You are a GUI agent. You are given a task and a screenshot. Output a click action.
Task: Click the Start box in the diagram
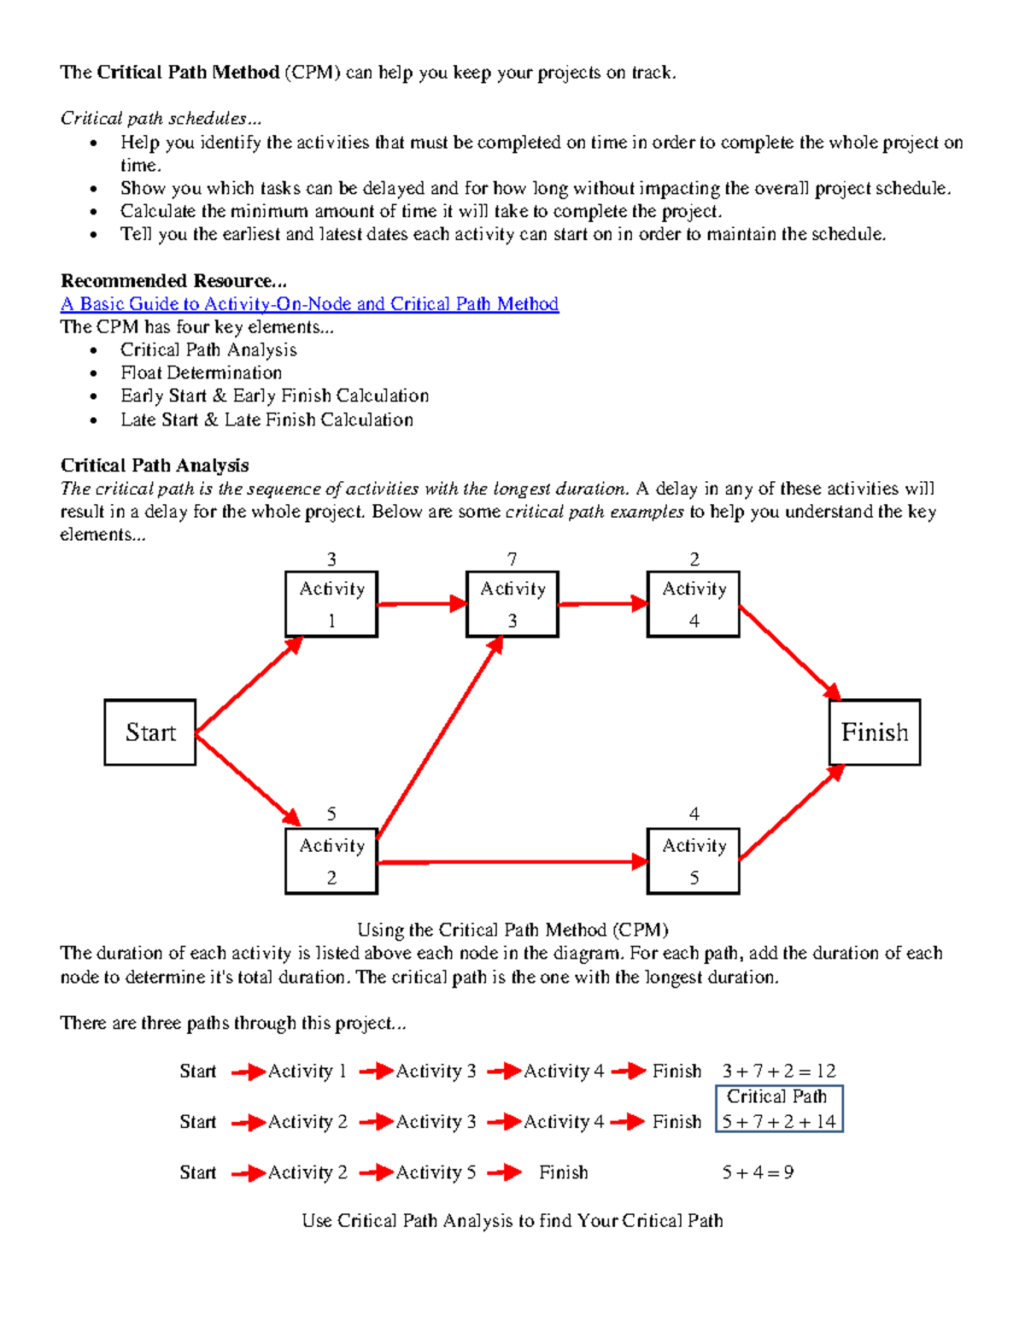coord(150,732)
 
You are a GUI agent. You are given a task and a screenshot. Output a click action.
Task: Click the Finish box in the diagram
coord(875,732)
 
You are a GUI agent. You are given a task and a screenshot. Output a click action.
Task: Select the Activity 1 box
coord(331,604)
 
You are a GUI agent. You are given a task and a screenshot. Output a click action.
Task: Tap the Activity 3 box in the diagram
coord(512,604)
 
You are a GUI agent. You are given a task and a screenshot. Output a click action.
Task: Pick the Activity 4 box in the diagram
coord(694,604)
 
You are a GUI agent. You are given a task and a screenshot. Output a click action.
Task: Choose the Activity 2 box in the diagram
coord(331,861)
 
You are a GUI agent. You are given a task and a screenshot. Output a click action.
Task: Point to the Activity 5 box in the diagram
coord(694,861)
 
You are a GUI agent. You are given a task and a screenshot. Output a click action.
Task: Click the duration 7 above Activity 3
coord(512,559)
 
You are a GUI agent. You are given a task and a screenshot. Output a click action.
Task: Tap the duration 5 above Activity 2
coord(331,814)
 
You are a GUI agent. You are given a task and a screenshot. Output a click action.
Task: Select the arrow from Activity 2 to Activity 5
coord(512,862)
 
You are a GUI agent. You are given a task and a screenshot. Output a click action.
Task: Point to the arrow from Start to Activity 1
coord(249,685)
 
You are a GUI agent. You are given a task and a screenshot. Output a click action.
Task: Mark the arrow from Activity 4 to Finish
coord(790,652)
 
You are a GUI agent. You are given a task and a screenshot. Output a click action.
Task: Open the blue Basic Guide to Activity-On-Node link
coord(309,304)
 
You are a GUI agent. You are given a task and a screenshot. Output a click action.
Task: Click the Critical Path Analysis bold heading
coord(155,466)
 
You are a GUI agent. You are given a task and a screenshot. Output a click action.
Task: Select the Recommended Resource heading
coord(173,281)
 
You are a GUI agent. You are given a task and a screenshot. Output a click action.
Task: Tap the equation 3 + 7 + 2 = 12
coord(779,1072)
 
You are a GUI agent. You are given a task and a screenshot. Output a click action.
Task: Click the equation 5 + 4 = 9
coord(758,1172)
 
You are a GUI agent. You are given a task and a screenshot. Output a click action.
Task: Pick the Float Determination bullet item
coord(202,373)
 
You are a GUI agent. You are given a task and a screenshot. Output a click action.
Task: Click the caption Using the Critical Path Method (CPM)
coord(512,930)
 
